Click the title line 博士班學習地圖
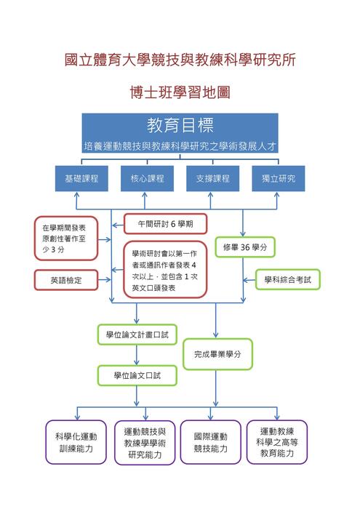click(x=179, y=92)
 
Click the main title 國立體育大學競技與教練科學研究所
click(x=180, y=59)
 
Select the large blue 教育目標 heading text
click(x=180, y=124)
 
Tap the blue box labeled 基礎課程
click(x=81, y=179)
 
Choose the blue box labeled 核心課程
click(x=147, y=179)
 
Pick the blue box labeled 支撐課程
click(x=212, y=179)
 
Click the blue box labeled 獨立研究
click(x=278, y=179)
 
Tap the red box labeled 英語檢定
click(x=66, y=279)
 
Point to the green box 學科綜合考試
click(x=287, y=279)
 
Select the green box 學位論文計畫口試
click(x=137, y=334)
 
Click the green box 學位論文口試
click(x=137, y=375)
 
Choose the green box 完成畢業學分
click(x=217, y=355)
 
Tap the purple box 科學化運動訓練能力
click(x=76, y=442)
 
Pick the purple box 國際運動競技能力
click(x=211, y=442)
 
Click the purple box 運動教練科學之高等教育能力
click(x=276, y=442)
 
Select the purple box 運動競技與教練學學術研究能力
click(x=145, y=442)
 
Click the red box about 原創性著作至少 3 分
click(x=66, y=238)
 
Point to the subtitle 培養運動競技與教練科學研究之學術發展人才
click(x=180, y=145)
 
